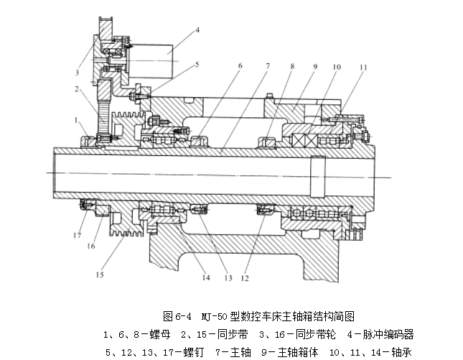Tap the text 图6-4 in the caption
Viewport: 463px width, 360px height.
point(177,316)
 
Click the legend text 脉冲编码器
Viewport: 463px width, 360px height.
point(388,335)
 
